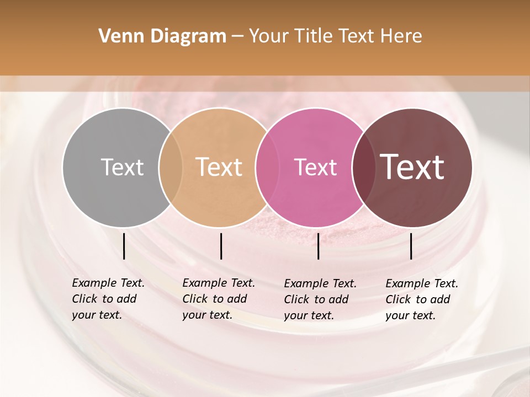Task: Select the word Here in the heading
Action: tap(402, 36)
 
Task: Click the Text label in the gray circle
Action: tap(122, 167)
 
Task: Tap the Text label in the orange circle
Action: tap(219, 167)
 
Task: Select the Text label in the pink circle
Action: tap(315, 167)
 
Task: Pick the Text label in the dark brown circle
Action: tap(412, 167)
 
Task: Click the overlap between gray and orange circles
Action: tap(171, 167)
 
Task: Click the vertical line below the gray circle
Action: tap(124, 246)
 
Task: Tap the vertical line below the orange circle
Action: tap(221, 246)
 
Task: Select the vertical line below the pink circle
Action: tap(318, 246)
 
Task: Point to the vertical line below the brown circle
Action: tap(411, 246)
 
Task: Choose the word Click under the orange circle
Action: tap(195, 299)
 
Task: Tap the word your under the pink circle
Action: tap(296, 315)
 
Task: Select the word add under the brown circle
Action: tap(441, 299)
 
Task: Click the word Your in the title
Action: tap(268, 36)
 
